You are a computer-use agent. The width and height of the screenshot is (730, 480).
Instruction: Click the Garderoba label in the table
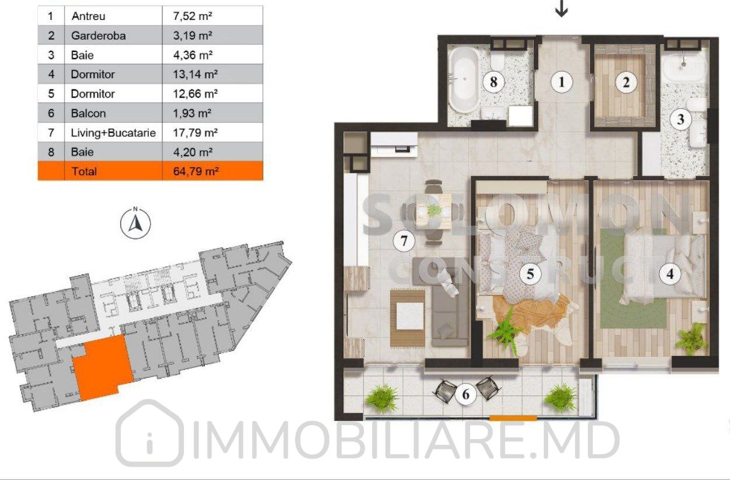click(99, 36)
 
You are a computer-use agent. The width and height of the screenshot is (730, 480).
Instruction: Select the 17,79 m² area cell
click(196, 133)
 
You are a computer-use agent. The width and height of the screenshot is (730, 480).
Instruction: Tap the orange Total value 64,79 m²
click(196, 171)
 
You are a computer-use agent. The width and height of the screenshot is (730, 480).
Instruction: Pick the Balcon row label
click(88, 113)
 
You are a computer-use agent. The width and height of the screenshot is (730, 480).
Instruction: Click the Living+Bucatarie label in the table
click(113, 133)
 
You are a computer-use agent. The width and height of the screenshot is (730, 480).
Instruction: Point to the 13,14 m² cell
click(196, 74)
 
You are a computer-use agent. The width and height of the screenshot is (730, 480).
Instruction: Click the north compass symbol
click(135, 223)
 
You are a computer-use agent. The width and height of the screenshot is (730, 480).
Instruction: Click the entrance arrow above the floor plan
click(561, 9)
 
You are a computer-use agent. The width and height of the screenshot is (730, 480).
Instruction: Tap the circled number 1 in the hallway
click(561, 82)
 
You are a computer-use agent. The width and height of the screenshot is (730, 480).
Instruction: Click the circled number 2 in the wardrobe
click(625, 82)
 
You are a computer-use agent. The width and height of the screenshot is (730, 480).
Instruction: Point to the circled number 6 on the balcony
click(466, 394)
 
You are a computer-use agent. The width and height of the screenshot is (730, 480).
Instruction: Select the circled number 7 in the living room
click(404, 241)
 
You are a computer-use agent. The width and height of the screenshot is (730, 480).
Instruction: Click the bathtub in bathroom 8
click(464, 80)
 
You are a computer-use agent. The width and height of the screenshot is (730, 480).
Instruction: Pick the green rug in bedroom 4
click(633, 279)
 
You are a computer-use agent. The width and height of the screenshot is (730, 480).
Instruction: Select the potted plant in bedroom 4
click(691, 339)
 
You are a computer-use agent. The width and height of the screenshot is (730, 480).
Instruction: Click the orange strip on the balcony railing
click(513, 418)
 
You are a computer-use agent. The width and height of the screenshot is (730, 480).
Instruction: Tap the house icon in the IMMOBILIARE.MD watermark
click(150, 433)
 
